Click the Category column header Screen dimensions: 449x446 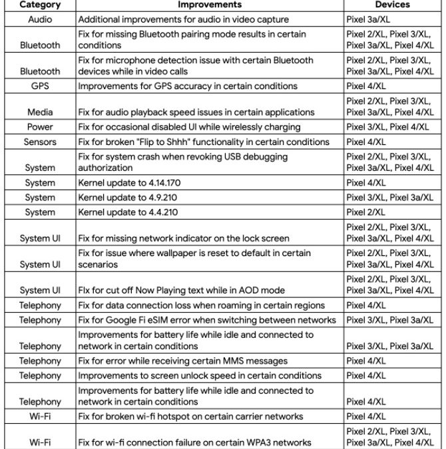coord(40,5)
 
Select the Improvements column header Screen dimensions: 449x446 coord(209,5)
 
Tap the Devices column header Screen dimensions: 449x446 coord(392,5)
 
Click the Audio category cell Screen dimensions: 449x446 coord(40,20)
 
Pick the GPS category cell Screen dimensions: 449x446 coord(40,86)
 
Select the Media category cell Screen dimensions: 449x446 coord(40,112)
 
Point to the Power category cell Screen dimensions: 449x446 coord(40,127)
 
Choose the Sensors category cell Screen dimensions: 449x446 coord(40,142)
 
